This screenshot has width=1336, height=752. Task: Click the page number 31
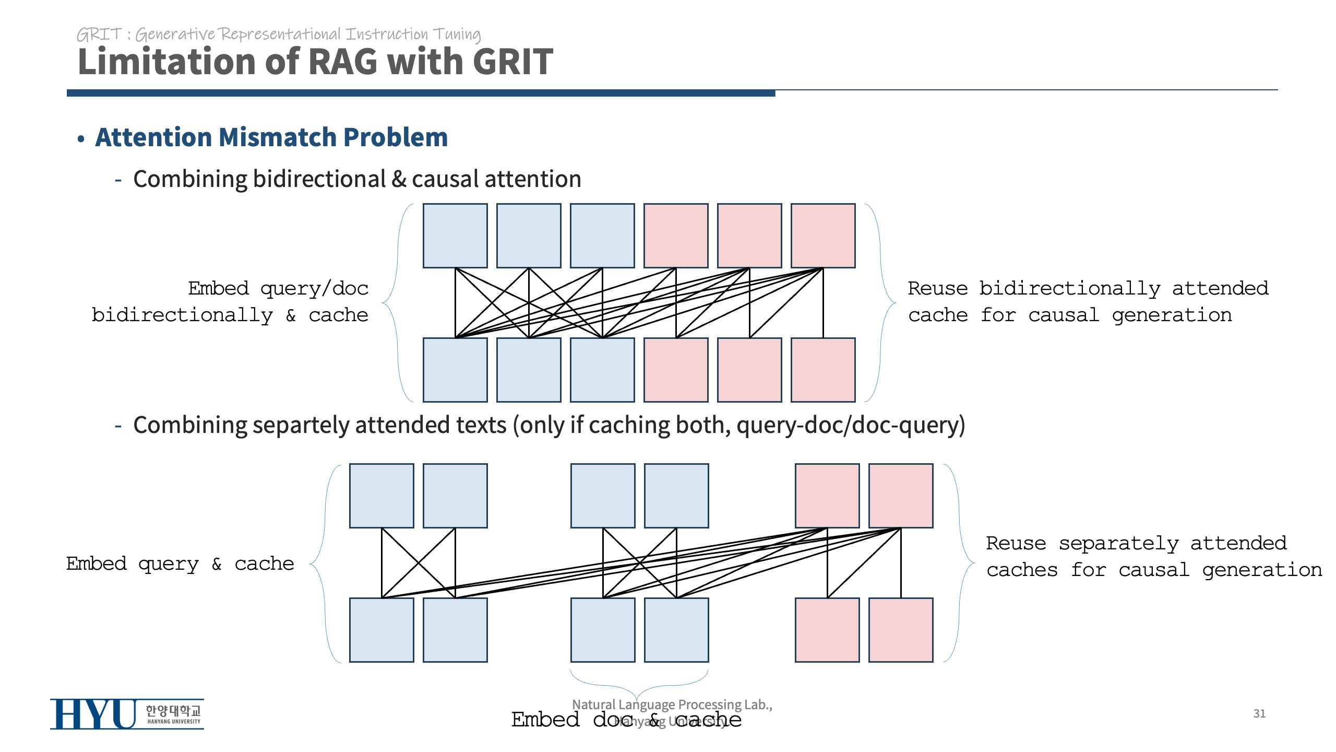(1259, 713)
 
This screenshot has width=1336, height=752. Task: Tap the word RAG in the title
(343, 62)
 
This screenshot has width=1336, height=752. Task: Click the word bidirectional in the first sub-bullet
(319, 179)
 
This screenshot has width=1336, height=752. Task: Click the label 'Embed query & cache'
(180, 564)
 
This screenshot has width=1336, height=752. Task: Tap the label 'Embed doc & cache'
(626, 720)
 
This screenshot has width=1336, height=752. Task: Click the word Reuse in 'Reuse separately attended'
(1016, 544)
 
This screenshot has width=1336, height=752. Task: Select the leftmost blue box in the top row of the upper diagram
(455, 236)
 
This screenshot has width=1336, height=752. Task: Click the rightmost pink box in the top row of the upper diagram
(823, 236)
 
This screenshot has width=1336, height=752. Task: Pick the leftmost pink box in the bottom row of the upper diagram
(676, 370)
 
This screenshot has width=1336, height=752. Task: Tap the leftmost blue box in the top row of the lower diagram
(381, 496)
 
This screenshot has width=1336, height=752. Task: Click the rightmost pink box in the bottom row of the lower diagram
(901, 630)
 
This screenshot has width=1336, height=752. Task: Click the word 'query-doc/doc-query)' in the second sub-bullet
(851, 425)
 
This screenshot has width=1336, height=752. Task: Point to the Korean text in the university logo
(173, 710)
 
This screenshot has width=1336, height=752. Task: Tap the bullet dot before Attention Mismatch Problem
(81, 139)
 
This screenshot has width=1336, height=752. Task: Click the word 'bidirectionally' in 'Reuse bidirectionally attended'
(1069, 289)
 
